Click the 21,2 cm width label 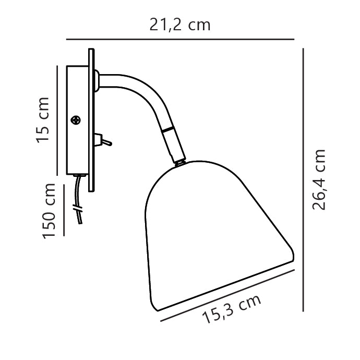[180, 24]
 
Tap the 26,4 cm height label [319, 179]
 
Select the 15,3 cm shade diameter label [231, 309]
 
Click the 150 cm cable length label [50, 211]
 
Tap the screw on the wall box [77, 120]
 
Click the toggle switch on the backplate [102, 140]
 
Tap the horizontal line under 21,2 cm [180, 39]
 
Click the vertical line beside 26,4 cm [303, 179]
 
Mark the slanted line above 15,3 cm [228, 295]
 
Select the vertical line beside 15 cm [57, 120]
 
